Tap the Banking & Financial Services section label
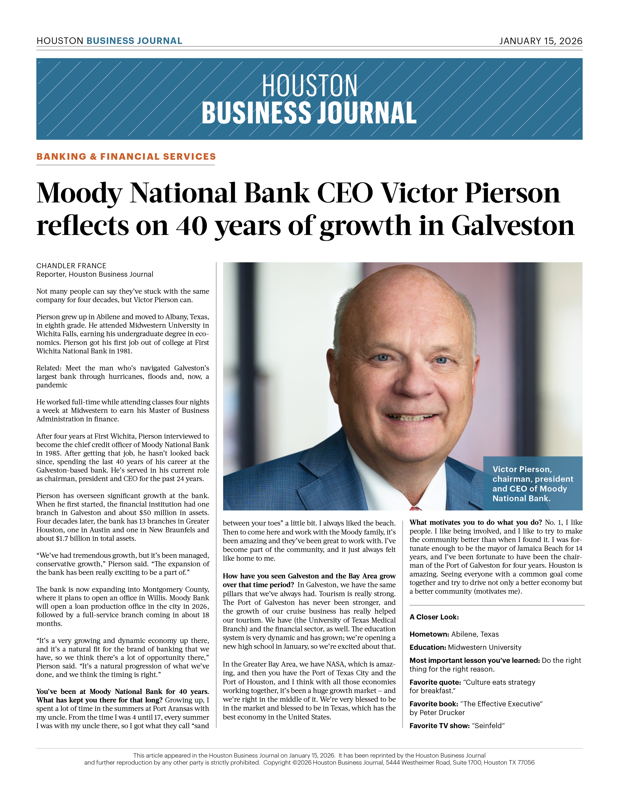pyautogui.click(x=126, y=157)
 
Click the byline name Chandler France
pyautogui.click(x=71, y=266)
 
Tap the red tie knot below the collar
pyautogui.click(x=415, y=508)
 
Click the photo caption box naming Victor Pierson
pyautogui.click(x=532, y=483)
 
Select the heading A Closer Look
pyautogui.click(x=434, y=617)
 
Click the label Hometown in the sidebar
pyautogui.click(x=429, y=634)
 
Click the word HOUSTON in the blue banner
pyautogui.click(x=309, y=85)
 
